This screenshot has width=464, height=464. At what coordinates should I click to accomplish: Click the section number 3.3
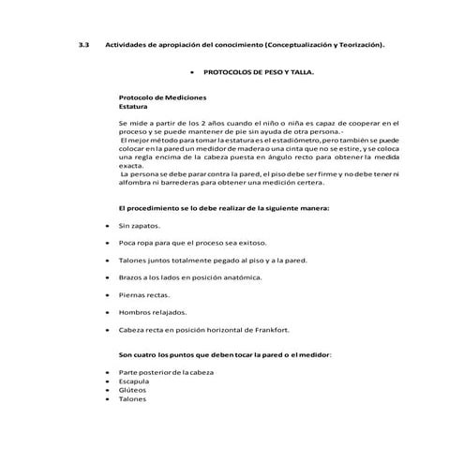click(82, 45)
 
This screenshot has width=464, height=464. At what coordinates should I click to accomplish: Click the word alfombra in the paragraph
click(137, 183)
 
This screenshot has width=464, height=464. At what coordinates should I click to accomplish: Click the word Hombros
click(137, 312)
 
